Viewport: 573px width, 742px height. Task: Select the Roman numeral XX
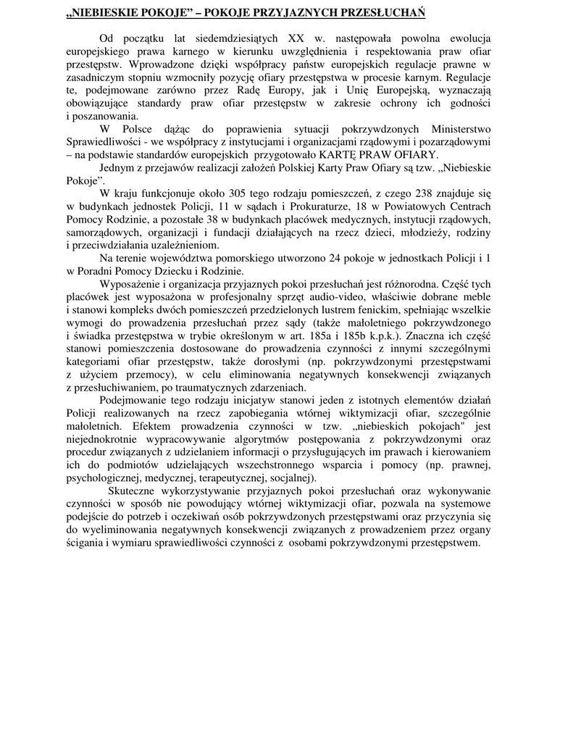pos(296,38)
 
